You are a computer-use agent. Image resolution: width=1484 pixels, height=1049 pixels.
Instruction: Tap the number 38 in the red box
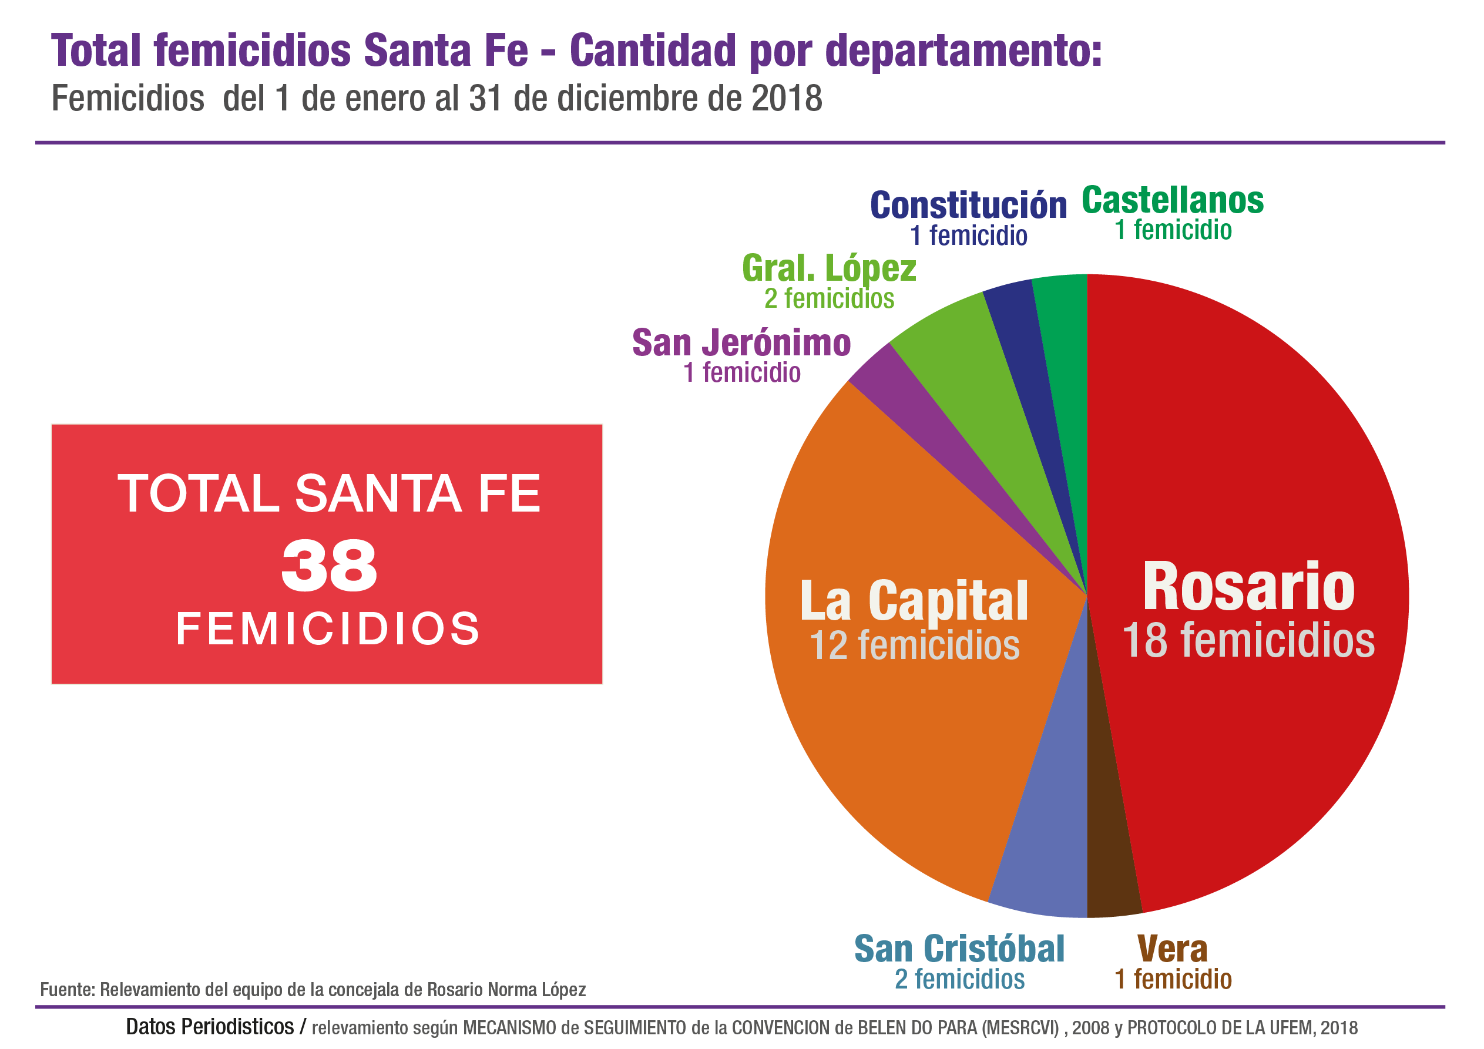coord(329,566)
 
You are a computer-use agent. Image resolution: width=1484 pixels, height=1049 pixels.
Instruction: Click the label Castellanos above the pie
coord(1173,200)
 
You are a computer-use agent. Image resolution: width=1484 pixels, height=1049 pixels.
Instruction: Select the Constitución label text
coord(968,206)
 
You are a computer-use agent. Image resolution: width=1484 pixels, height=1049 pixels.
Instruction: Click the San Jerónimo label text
coord(741,342)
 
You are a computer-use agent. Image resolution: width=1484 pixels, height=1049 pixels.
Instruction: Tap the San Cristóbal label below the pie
coord(959,949)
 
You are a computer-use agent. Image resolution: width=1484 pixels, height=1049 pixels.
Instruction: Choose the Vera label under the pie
coord(1172,949)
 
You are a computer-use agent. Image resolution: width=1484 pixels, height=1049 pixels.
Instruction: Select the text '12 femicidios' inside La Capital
coord(915,645)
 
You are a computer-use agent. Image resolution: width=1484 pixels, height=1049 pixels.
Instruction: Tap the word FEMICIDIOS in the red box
coord(328,628)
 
